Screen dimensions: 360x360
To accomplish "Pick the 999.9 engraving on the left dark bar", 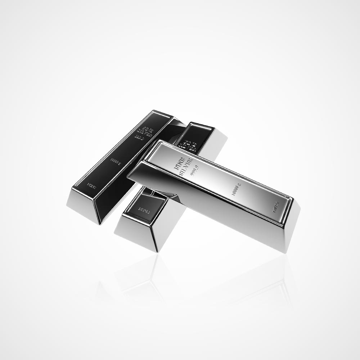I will pyautogui.click(x=139, y=137).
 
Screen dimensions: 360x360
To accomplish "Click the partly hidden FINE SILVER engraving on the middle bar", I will pyautogui.click(x=190, y=143).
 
